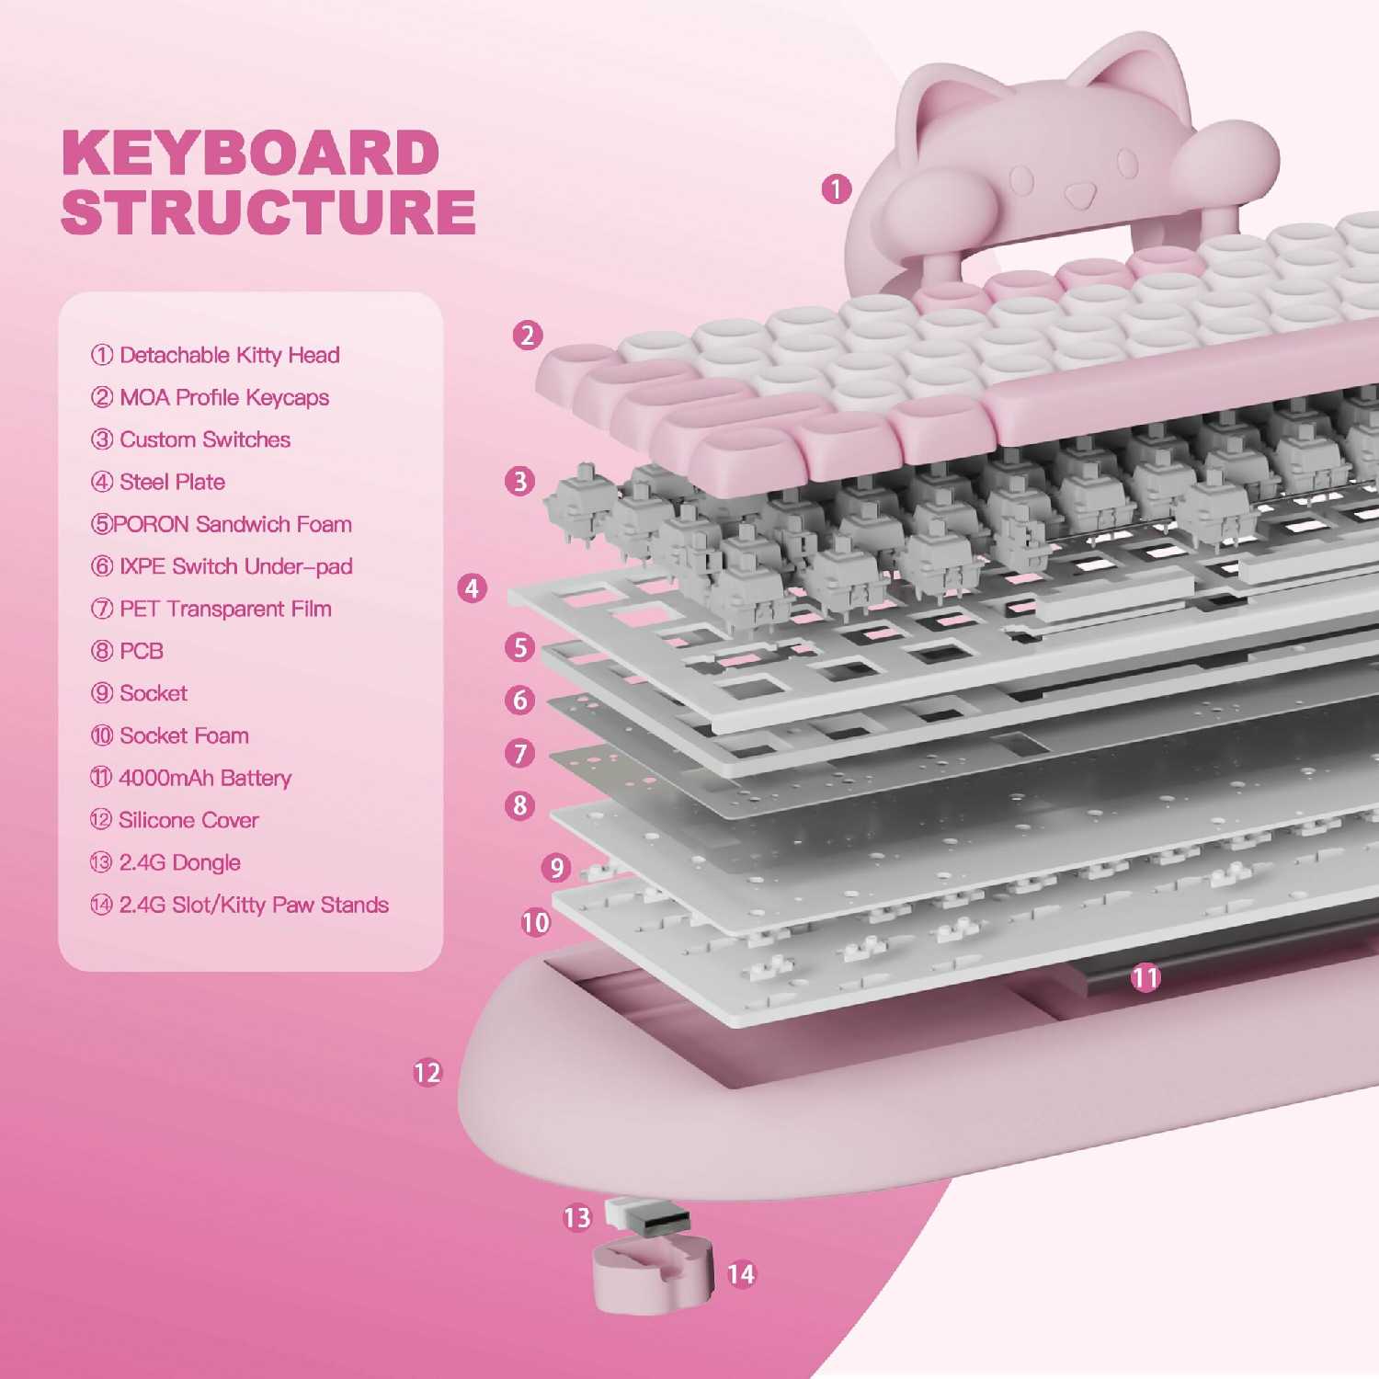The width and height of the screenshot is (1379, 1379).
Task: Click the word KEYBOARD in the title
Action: tap(250, 153)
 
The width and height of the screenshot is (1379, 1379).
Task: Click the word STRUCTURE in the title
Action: tap(268, 211)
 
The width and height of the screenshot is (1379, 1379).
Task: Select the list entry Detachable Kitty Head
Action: tap(215, 355)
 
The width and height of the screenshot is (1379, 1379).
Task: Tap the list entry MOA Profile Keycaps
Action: tap(210, 397)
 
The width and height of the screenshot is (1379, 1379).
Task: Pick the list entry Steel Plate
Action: tap(158, 482)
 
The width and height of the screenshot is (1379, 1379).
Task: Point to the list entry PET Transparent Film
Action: tap(211, 609)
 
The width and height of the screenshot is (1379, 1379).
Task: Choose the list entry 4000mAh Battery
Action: tap(190, 778)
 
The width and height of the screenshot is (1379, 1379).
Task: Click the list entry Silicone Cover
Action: tap(175, 820)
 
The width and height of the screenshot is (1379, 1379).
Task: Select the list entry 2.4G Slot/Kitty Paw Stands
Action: tap(239, 905)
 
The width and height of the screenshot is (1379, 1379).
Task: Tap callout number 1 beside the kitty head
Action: tap(836, 189)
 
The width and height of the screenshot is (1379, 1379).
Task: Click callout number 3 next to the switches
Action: tap(520, 481)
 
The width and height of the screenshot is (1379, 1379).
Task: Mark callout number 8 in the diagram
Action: tap(520, 805)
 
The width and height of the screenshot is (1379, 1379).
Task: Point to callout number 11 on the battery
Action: tap(1146, 977)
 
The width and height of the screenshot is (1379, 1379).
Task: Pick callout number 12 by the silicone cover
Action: tap(427, 1073)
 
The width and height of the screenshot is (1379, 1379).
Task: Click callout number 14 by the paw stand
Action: tap(741, 1274)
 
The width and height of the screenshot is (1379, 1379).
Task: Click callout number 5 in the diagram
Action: tap(520, 647)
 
